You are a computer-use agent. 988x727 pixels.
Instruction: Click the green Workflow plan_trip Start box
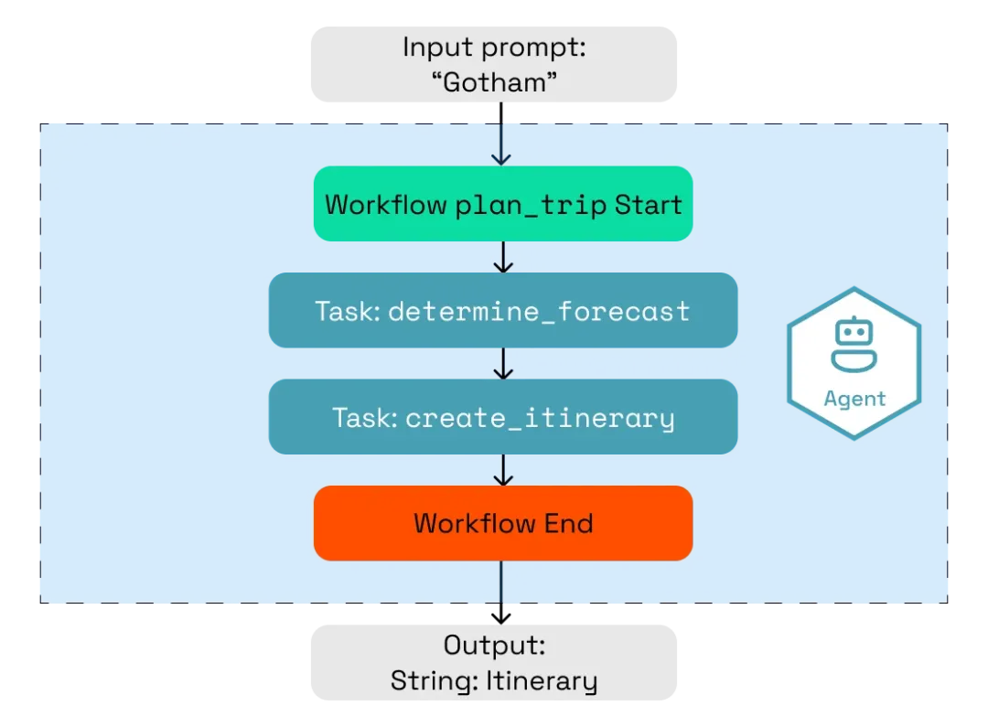502,204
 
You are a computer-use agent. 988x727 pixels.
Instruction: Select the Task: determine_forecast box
502,311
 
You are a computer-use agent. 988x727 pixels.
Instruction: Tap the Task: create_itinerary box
502,418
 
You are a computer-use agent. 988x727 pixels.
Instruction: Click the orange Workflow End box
502,523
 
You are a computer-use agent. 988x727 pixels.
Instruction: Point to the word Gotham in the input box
494,82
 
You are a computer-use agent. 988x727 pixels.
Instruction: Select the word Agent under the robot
854,399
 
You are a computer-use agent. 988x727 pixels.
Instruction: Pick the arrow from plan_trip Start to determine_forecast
501,257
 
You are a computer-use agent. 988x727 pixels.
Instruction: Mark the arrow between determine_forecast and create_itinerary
501,364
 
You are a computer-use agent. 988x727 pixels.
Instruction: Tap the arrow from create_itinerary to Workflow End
501,470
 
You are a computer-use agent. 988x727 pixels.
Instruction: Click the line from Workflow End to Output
501,590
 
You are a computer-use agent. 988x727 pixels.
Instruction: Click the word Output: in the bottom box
494,646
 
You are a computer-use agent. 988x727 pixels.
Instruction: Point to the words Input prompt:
494,48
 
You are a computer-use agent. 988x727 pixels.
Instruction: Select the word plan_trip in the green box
531,205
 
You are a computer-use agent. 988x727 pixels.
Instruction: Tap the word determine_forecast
539,312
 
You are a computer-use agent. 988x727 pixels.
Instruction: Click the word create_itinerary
540,419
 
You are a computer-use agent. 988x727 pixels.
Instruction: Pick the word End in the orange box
569,523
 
